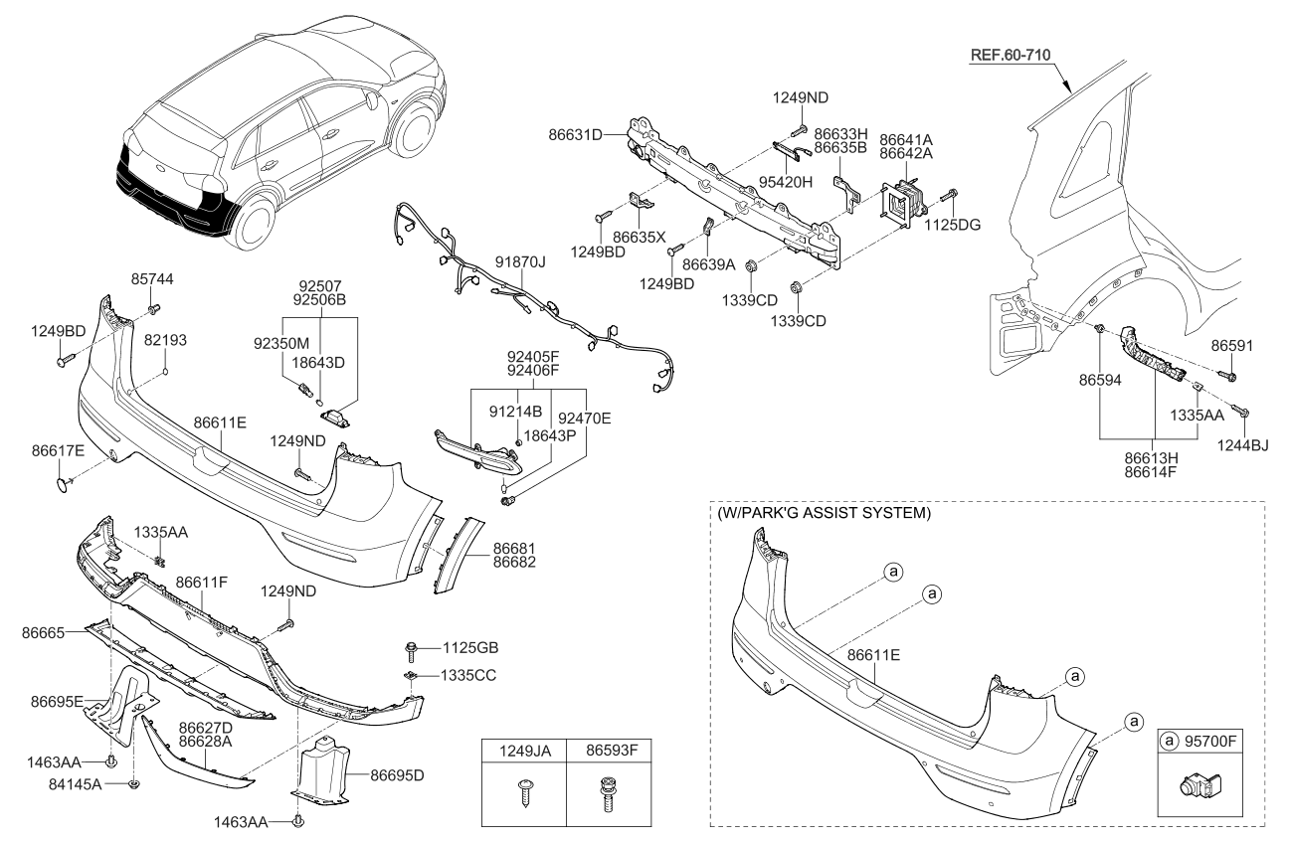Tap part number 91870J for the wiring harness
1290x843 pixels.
(520, 262)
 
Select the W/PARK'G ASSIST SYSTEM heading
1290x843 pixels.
(824, 514)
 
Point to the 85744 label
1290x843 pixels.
(152, 280)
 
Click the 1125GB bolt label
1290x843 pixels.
(468, 648)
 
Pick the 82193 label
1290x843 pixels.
(164, 340)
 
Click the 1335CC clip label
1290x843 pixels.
(468, 675)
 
